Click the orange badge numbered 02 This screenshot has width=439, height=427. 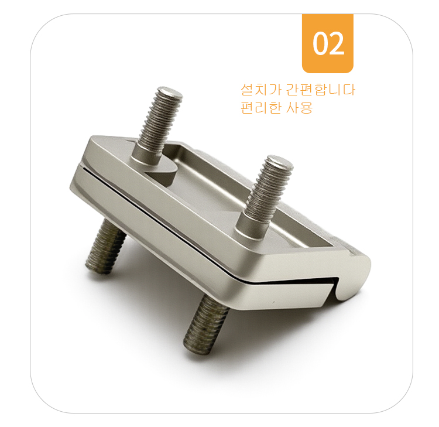[x=327, y=43]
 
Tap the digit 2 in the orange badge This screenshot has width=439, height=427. [x=337, y=43]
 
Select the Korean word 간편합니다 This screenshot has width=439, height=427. [x=321, y=90]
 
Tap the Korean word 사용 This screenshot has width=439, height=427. [x=299, y=107]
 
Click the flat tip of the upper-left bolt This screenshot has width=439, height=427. [x=170, y=92]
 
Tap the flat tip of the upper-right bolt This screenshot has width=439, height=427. [x=279, y=162]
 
